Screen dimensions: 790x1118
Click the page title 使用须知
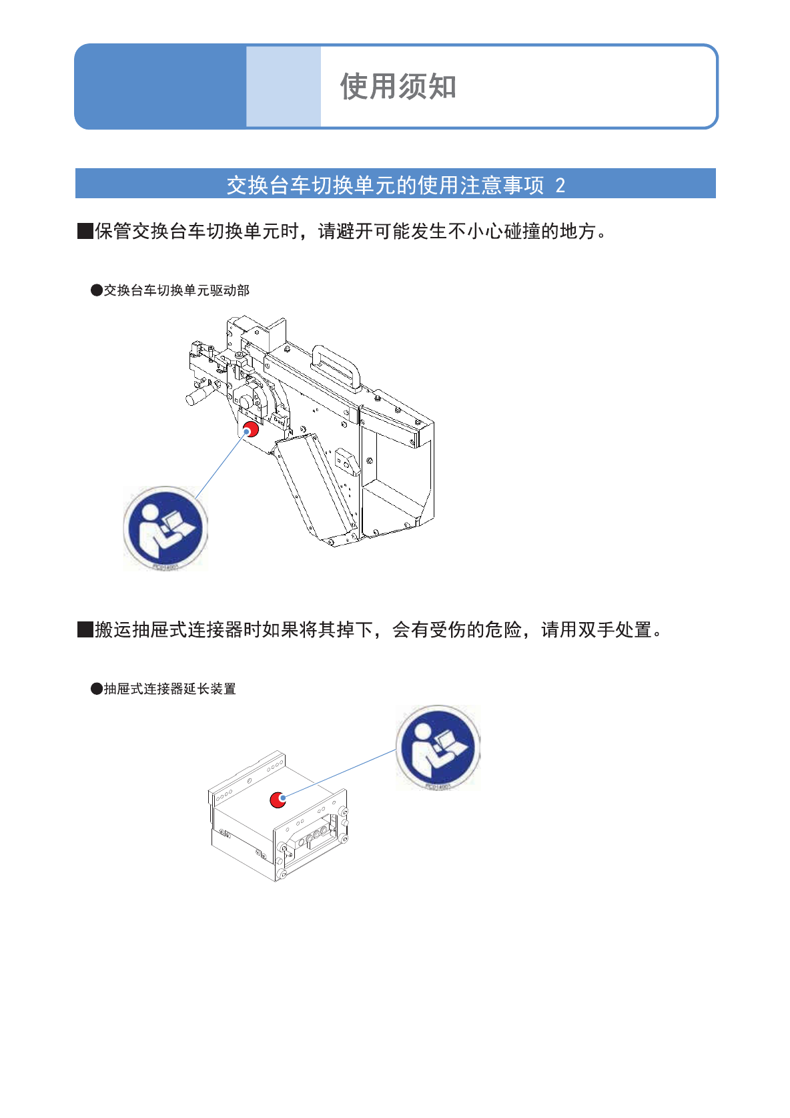point(398,87)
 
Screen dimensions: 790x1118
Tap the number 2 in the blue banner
point(560,185)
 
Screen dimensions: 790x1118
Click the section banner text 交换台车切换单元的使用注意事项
point(385,185)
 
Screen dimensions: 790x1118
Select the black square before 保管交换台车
point(85,232)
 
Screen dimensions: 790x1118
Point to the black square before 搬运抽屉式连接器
point(85,629)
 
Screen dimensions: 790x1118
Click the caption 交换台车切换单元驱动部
point(176,290)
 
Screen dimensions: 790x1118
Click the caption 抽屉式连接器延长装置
point(169,689)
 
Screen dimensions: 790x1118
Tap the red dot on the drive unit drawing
point(251,429)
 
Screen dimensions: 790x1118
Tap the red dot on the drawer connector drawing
point(278,799)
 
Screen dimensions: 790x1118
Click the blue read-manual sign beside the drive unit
point(165,527)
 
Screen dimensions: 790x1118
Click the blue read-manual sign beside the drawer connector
point(438,747)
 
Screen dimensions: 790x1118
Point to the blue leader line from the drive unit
point(220,465)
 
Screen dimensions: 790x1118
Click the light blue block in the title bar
point(284,87)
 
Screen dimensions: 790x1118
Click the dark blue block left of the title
point(160,87)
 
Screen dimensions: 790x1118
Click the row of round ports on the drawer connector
point(314,835)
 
